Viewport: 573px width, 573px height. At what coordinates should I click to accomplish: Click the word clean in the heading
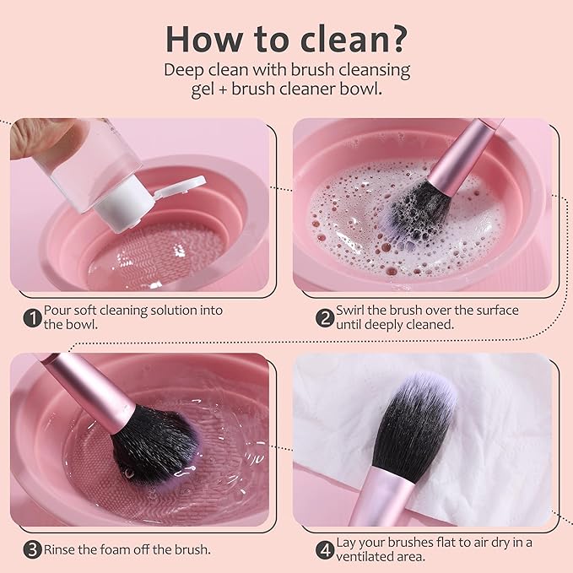point(334,38)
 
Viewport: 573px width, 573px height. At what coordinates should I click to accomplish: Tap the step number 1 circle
point(32,318)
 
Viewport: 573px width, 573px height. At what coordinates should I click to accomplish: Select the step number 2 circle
point(324,318)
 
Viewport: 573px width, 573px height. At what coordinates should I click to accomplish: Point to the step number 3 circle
point(32,549)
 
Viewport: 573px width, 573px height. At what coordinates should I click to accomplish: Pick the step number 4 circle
point(324,549)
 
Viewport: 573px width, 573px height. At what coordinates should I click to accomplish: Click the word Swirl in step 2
point(352,311)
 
